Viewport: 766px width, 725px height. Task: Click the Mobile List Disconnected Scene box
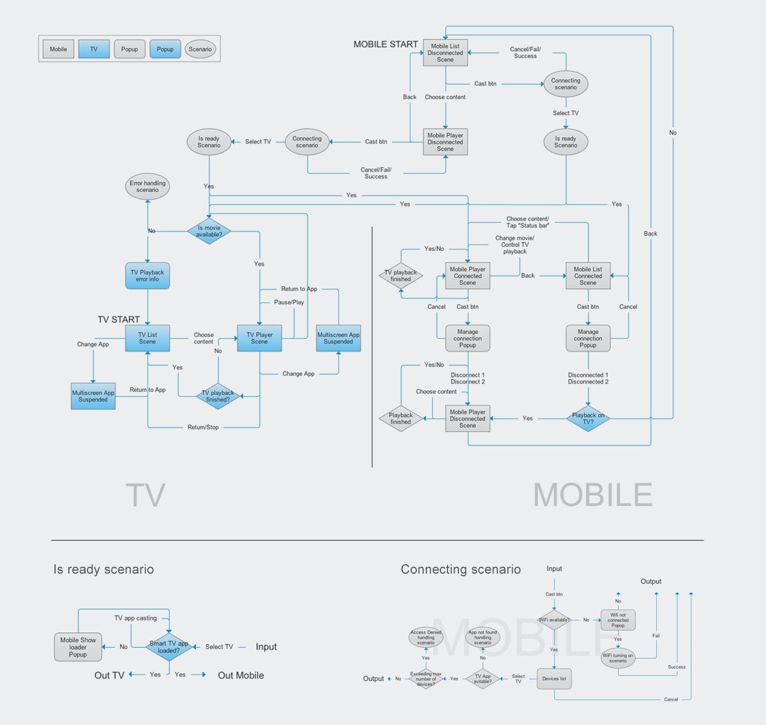(446, 53)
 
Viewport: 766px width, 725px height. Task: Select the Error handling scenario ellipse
(147, 186)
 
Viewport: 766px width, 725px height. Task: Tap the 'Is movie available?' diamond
(209, 231)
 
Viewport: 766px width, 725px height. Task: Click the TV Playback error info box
(147, 276)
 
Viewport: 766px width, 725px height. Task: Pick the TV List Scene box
(147, 338)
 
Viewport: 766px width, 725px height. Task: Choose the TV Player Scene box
(259, 338)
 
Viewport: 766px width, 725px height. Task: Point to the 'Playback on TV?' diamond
(588, 419)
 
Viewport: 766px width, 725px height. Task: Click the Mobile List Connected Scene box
(588, 276)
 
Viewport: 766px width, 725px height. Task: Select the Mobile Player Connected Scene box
(467, 276)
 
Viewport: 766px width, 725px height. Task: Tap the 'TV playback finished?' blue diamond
(218, 396)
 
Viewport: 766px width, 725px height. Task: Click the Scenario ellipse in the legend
(200, 49)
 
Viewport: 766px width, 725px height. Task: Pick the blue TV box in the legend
(94, 49)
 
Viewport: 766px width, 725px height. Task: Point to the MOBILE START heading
(386, 44)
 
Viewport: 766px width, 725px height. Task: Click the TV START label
(119, 320)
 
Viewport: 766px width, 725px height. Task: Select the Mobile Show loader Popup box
(78, 647)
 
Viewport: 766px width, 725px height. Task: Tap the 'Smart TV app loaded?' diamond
(169, 647)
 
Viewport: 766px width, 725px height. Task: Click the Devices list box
(554, 679)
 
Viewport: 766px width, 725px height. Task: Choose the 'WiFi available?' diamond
(554, 620)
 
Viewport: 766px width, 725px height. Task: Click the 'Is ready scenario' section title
(103, 569)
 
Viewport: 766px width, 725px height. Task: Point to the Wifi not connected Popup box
(618, 620)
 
